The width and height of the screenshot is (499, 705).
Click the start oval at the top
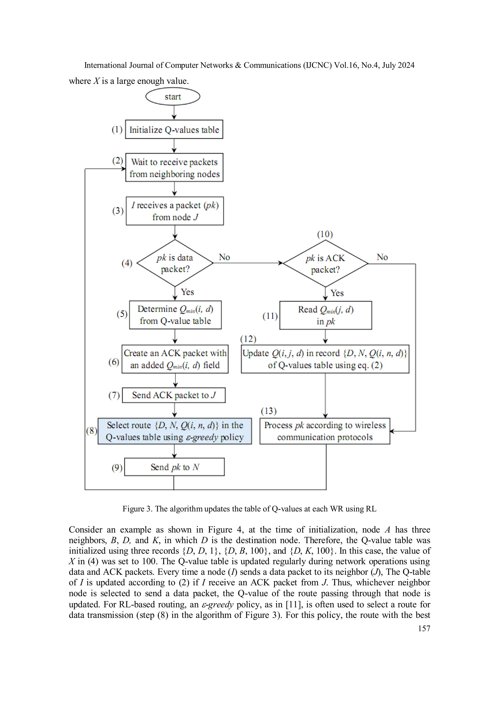point(173,96)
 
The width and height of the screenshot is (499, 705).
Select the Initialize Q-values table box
point(174,129)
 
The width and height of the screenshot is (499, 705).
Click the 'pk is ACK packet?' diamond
point(325,263)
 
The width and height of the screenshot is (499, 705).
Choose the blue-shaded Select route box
point(174,431)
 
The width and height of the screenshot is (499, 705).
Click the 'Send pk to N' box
point(174,467)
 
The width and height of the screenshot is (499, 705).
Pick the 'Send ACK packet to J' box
point(174,395)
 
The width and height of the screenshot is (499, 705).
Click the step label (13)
point(269,411)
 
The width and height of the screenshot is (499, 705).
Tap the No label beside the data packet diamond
point(224,257)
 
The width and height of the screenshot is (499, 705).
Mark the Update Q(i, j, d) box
point(325,359)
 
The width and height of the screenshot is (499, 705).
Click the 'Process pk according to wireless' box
point(325,431)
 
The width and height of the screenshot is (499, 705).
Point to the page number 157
point(424,628)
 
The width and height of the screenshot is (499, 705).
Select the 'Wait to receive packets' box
point(174,168)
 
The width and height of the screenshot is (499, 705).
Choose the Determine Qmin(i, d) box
point(175,315)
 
